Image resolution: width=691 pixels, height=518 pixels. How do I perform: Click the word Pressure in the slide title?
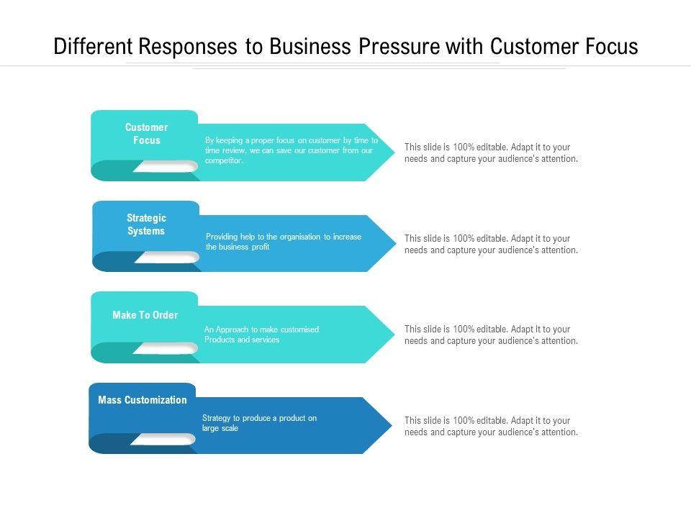point(399,46)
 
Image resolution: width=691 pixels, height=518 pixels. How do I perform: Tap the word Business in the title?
point(310,46)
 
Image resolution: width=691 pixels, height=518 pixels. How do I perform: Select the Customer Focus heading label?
point(146,134)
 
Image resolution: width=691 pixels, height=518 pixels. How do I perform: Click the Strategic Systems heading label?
point(146,224)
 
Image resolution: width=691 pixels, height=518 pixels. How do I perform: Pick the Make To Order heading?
point(145,315)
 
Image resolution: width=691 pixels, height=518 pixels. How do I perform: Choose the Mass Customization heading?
point(143,400)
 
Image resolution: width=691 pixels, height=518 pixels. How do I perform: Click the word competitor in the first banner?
point(224,160)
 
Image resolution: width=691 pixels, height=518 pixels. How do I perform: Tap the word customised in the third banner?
point(299,330)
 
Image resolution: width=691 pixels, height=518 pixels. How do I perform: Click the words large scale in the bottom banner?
point(220,428)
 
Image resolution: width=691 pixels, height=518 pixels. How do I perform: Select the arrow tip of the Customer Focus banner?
point(395,153)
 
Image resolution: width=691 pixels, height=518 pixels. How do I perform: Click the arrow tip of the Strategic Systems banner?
point(396,243)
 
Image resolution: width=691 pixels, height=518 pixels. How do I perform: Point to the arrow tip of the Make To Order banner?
point(395,334)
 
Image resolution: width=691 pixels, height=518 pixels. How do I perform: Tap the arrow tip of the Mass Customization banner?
point(392,425)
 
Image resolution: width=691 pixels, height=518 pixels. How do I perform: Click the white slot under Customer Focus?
point(166,166)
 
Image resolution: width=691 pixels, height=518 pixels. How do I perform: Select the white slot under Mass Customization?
point(163,439)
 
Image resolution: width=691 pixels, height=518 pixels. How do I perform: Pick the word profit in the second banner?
point(261,247)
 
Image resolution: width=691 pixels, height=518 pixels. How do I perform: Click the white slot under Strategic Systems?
point(167,258)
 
